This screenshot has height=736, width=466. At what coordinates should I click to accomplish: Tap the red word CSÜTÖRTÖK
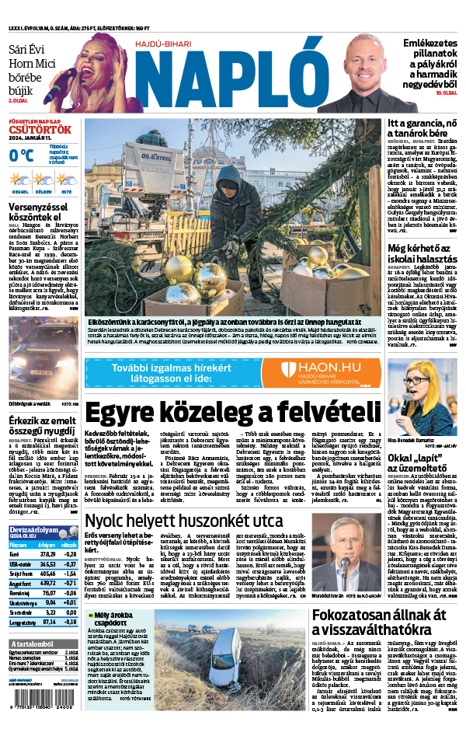point(40,129)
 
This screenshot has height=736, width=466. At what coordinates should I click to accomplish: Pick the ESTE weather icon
point(67,183)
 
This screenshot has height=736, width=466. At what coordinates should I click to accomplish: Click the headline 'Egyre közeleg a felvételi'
point(233,413)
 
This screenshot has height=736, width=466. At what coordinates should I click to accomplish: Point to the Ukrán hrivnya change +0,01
point(69,602)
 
